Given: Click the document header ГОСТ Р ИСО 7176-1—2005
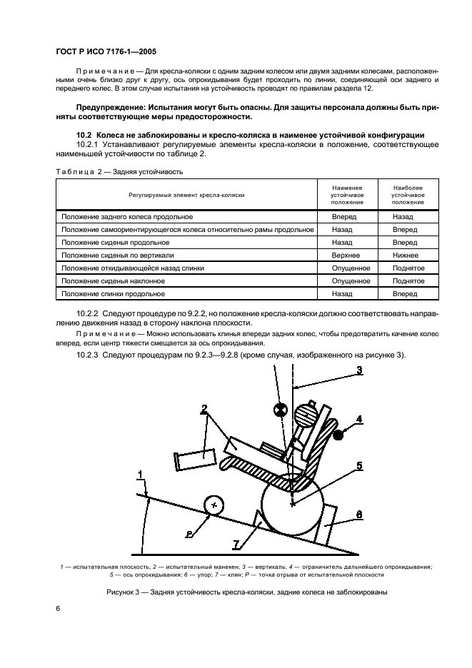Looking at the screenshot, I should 106,52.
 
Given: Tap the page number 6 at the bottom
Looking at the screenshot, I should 58,608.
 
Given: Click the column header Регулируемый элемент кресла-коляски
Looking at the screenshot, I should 186,195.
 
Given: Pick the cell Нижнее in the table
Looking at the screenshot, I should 406,254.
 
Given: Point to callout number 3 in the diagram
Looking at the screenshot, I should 359,370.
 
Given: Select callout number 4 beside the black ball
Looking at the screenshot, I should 360,419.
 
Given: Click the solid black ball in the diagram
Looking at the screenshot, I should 338,432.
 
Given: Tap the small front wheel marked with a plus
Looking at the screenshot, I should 214,505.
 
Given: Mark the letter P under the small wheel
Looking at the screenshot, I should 188,533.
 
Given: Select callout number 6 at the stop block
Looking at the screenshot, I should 359,514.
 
